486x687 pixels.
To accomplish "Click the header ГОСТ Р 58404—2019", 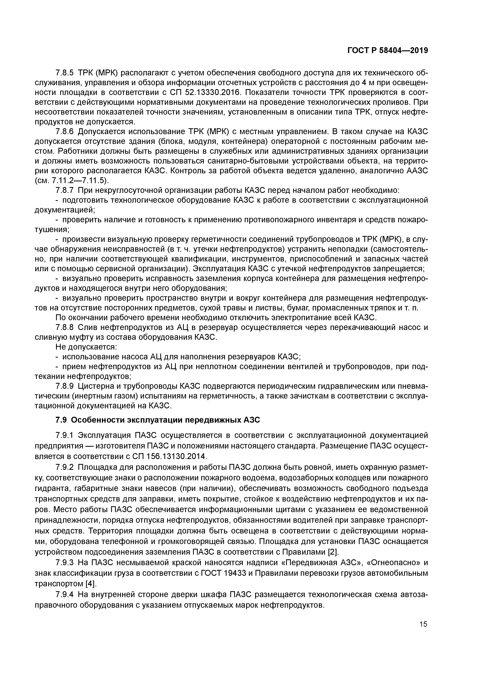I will click(387, 51).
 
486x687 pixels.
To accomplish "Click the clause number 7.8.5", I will click(65, 73).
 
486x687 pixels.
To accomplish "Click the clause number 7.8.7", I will click(65, 190).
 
